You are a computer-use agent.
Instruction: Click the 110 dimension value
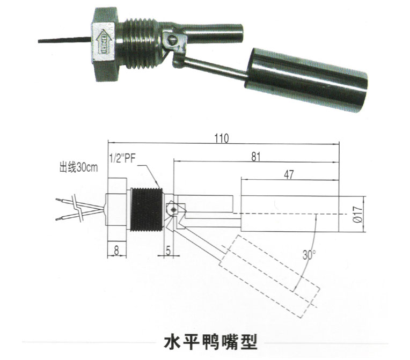point(222,138)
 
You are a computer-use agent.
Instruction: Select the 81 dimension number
point(256,157)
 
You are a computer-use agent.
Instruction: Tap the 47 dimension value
point(289,174)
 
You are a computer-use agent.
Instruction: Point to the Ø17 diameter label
point(357,214)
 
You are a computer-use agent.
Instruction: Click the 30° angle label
point(309,255)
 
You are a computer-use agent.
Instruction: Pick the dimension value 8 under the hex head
point(116,251)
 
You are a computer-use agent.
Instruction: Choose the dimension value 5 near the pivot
point(168,251)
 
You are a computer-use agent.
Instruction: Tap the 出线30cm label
point(78,168)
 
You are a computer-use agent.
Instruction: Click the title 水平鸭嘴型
point(211,342)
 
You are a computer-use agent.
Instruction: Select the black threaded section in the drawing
point(147,210)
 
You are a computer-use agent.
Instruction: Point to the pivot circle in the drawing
point(173,209)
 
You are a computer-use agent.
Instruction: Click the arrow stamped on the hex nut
point(104,43)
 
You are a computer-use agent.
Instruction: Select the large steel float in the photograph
point(306,80)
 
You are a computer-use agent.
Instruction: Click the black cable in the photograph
point(65,40)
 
